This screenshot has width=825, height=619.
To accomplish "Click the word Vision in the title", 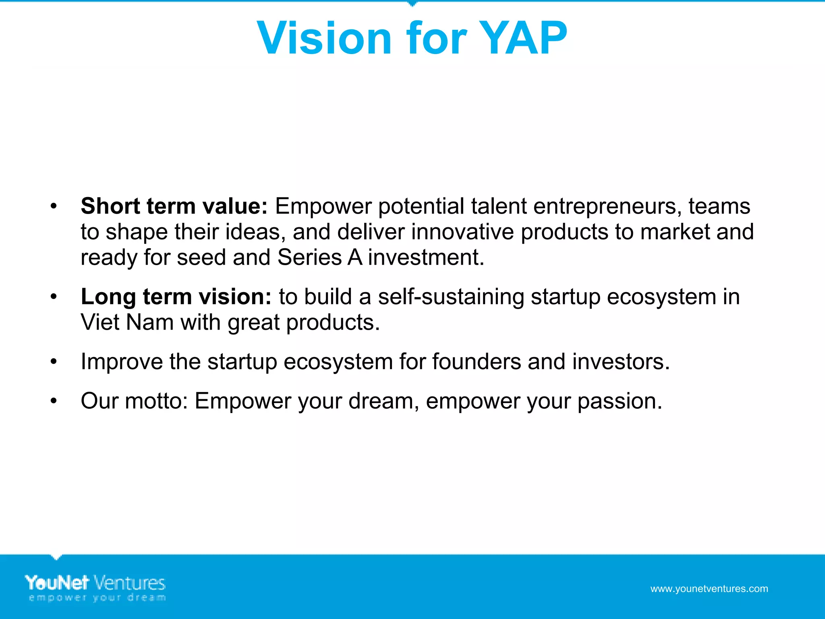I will [x=324, y=38].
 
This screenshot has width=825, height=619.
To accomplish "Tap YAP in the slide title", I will [x=524, y=38].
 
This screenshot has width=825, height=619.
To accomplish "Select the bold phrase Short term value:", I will [x=174, y=206].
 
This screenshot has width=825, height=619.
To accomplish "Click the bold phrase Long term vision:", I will [x=176, y=297].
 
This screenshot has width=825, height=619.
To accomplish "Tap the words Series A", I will [x=320, y=258].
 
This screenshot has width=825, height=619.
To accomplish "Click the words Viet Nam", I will [x=127, y=323].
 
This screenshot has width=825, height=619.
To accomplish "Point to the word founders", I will [x=477, y=361].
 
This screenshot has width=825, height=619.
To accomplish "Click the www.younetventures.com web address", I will [x=709, y=589].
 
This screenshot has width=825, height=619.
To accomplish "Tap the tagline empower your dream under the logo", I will [x=97, y=598].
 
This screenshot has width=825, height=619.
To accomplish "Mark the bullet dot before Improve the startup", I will [x=54, y=362].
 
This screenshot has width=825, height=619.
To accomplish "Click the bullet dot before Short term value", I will [x=54, y=207].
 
